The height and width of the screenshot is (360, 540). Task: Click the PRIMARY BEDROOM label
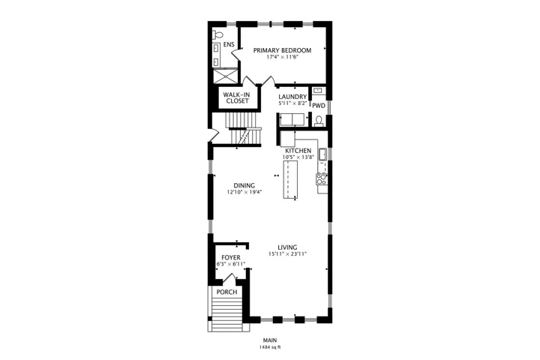click(282, 50)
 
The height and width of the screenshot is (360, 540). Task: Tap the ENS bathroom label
click(229, 44)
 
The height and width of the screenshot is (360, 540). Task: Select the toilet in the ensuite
click(217, 34)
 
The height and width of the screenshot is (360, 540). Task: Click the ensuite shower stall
click(226, 76)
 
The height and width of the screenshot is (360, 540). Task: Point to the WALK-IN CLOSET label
click(237, 97)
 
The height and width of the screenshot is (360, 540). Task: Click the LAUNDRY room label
click(292, 97)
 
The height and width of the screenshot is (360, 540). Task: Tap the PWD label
click(319, 106)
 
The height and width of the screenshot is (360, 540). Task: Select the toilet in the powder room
click(319, 121)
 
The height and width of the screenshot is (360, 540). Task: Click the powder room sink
click(319, 91)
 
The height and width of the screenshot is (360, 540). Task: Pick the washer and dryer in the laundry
click(292, 120)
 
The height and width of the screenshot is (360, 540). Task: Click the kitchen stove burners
click(322, 178)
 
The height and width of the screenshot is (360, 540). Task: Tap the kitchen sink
click(323, 154)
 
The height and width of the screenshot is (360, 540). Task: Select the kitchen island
click(290, 179)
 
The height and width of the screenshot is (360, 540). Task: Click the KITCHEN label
click(298, 151)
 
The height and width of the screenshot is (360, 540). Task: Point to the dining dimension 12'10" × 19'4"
click(244, 192)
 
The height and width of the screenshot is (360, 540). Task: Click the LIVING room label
click(287, 247)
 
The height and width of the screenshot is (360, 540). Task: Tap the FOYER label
click(231, 258)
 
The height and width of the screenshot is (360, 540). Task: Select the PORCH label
click(227, 292)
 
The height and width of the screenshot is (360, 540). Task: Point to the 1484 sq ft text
click(270, 347)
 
